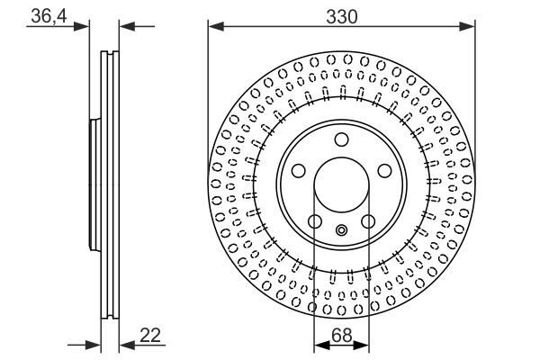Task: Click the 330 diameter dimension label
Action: coord(341,16)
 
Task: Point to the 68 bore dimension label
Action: coord(341,335)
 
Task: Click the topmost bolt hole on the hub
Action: coord(341,139)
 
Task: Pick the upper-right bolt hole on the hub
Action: coord(384,171)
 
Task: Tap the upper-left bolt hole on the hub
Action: coord(298,171)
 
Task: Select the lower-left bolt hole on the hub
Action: coord(314,221)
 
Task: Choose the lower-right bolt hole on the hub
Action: coord(368,221)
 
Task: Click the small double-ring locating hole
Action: coord(341,230)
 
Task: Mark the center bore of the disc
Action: coord(341,184)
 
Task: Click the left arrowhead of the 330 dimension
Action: coord(214,26)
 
